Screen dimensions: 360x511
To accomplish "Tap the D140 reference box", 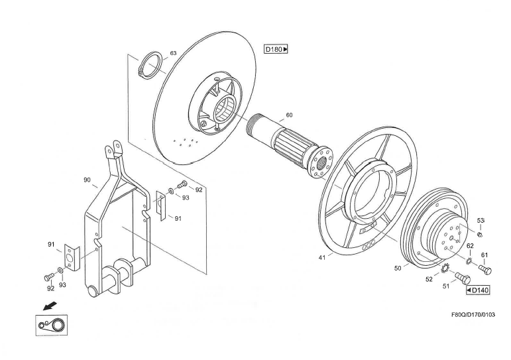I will tap(478, 290).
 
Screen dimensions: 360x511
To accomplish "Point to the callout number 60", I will tap(289, 115).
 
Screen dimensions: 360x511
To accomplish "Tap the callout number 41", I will tap(322, 257).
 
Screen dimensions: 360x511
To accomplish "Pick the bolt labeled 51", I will tap(462, 276).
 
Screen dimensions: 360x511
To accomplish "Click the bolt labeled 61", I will tap(485, 270).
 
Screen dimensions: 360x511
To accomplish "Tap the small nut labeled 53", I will tap(479, 233).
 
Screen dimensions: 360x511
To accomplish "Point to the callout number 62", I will tap(470, 245).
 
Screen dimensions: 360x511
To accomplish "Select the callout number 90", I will tap(87, 180).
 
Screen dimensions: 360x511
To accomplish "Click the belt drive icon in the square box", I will tap(52, 325).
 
